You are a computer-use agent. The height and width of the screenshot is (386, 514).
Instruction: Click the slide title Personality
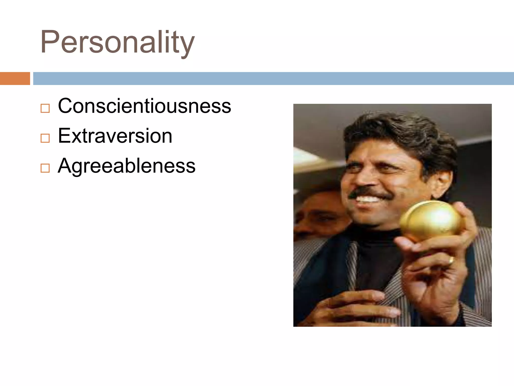click(x=117, y=42)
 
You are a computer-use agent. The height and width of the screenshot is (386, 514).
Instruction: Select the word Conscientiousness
click(x=144, y=106)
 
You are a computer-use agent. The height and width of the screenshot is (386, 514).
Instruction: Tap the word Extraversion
click(x=115, y=136)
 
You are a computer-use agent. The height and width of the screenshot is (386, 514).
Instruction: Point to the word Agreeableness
click(x=126, y=166)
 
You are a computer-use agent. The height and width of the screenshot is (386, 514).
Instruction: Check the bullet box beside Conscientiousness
click(x=45, y=108)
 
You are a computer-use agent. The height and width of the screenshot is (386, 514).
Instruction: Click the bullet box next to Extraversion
click(x=45, y=138)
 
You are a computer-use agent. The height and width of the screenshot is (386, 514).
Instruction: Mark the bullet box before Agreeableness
click(x=45, y=168)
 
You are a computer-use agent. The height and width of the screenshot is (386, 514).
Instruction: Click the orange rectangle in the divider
click(x=15, y=78)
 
